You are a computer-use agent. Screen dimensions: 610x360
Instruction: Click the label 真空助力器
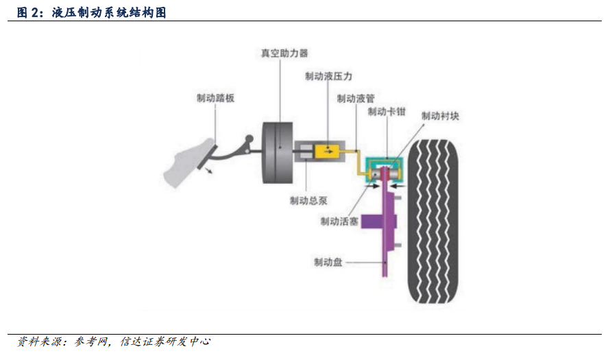[284, 53]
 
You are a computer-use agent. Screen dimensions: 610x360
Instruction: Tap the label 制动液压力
[329, 76]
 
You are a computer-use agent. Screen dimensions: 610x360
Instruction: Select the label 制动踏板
[215, 98]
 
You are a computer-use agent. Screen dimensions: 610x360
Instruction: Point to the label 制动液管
[356, 99]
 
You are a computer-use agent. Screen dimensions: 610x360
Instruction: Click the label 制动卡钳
[387, 112]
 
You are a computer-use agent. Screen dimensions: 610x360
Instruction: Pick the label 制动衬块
[441, 116]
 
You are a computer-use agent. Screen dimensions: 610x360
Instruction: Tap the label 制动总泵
[308, 201]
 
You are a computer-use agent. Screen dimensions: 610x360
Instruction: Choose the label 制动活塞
[339, 221]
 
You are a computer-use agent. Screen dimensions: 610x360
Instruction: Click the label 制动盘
[328, 263]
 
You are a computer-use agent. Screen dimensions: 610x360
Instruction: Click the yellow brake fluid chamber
[327, 151]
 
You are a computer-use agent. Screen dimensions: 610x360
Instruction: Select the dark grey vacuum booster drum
[278, 152]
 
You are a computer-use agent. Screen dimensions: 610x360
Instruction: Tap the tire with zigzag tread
[433, 221]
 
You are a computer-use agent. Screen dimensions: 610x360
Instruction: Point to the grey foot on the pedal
[188, 163]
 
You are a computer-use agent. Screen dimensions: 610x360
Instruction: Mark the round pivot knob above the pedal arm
[249, 139]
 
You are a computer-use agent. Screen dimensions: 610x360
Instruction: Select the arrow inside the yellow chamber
[328, 152]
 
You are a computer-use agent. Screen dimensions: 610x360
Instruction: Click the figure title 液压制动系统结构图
[109, 12]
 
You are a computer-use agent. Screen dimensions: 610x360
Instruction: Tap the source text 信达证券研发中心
[165, 341]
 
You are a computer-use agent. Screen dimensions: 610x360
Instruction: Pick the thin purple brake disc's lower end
[385, 276]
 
